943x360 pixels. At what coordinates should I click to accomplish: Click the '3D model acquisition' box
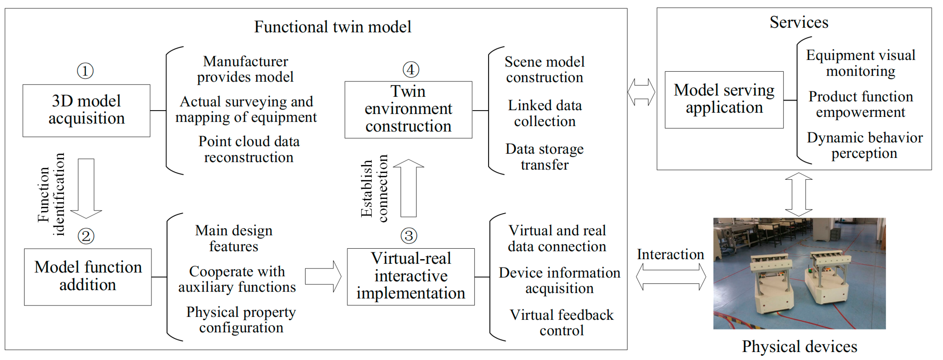[x=86, y=111]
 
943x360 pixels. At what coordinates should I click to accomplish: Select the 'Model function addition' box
[x=88, y=277]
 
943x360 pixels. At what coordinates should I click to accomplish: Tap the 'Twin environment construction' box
[x=408, y=110]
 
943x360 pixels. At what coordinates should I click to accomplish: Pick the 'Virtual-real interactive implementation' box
[x=411, y=277]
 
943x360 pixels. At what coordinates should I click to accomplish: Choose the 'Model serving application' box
[x=724, y=100]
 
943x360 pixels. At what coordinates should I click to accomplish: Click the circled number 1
[x=85, y=71]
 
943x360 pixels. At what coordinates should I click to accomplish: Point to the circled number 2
[x=86, y=236]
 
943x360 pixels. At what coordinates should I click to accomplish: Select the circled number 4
[x=411, y=70]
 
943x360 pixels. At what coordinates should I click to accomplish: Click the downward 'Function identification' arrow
[x=86, y=189]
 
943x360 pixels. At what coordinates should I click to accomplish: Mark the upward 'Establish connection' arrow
[x=408, y=188]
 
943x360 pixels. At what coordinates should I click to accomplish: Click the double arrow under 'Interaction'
[x=671, y=277]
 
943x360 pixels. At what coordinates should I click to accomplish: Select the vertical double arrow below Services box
[x=799, y=194]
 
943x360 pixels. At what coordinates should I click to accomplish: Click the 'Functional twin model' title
[x=333, y=27]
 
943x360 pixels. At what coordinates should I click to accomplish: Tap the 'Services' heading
[x=799, y=22]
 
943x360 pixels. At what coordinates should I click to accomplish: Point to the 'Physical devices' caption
[x=800, y=346]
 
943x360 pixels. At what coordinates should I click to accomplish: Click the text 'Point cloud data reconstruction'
[x=249, y=149]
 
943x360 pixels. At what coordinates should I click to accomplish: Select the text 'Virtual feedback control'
[x=562, y=322]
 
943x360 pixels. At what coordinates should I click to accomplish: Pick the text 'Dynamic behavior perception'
[x=865, y=145]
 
